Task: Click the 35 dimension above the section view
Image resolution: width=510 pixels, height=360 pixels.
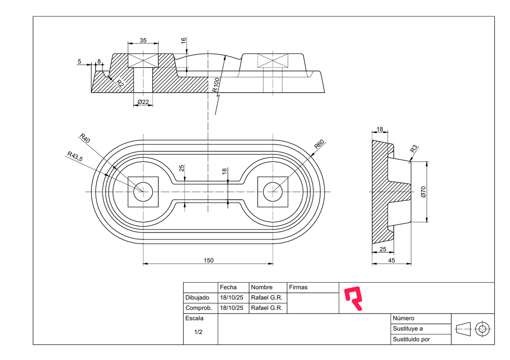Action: pyautogui.click(x=143, y=40)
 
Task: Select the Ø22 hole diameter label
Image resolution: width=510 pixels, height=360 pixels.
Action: pyautogui.click(x=143, y=102)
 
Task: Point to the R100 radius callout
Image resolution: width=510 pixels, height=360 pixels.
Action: pyautogui.click(x=216, y=85)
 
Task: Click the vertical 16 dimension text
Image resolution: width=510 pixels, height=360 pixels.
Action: pyautogui.click(x=183, y=41)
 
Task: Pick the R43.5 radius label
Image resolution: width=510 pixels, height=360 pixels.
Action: pyautogui.click(x=75, y=156)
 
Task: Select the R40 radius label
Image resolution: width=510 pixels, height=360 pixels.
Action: pyautogui.click(x=85, y=139)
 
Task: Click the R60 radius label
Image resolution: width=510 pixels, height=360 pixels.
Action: pyautogui.click(x=319, y=144)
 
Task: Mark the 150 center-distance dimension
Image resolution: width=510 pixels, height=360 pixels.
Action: pyautogui.click(x=208, y=260)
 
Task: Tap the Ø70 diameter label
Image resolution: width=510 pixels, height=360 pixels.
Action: pyautogui.click(x=423, y=192)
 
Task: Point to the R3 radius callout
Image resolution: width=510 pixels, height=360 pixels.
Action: pyautogui.click(x=414, y=149)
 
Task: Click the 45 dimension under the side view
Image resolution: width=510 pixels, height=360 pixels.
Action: pyautogui.click(x=391, y=260)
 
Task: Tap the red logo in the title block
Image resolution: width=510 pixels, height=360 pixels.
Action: pyautogui.click(x=354, y=298)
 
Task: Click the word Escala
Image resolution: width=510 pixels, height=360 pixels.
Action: pyautogui.click(x=195, y=318)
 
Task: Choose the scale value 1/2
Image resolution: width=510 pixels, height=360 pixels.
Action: pyautogui.click(x=198, y=332)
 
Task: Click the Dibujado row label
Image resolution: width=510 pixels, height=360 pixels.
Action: pyautogui.click(x=198, y=297)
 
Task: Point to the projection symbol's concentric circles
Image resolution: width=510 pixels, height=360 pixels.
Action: pyautogui.click(x=482, y=329)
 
